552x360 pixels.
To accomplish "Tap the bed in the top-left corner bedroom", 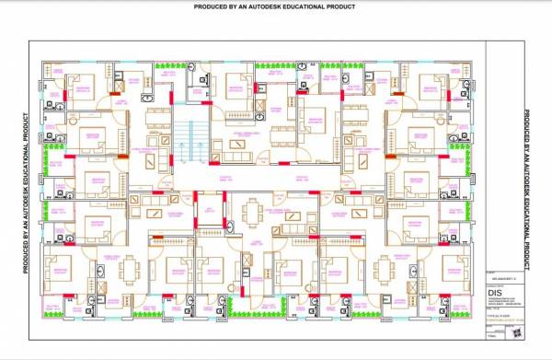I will pyautogui.click(x=82, y=87).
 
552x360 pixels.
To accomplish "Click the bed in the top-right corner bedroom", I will pyautogui.click(x=431, y=87).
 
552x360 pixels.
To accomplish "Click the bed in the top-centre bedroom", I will pyautogui.click(x=221, y=87).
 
